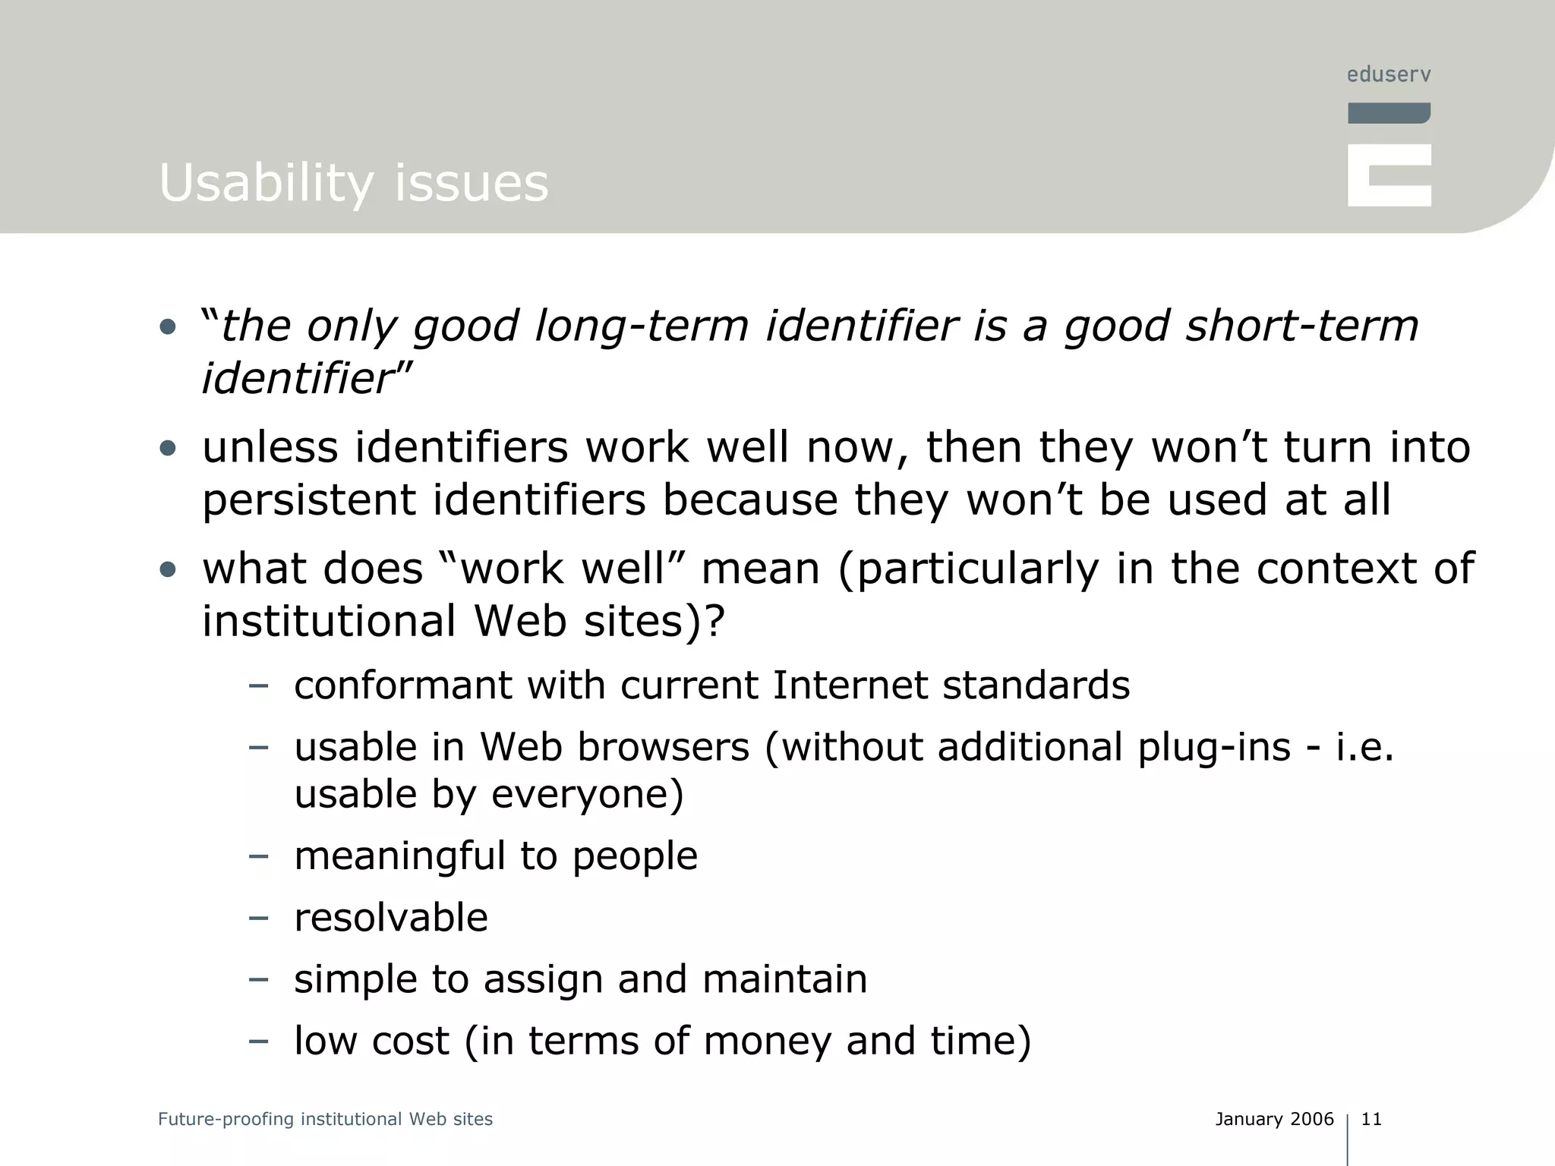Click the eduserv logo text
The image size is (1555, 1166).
coord(1389,74)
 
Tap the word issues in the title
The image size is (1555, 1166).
coord(472,184)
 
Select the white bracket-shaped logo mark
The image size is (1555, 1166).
coord(1389,175)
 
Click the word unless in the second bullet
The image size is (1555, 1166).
coord(270,447)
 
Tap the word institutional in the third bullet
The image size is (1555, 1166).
coord(329,621)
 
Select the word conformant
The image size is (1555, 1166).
coord(402,685)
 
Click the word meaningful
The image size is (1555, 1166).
coord(399,856)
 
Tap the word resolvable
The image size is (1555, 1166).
coord(391,918)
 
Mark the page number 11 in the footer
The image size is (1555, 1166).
coord(1371,1119)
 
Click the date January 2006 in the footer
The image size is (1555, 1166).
coord(1274,1119)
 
